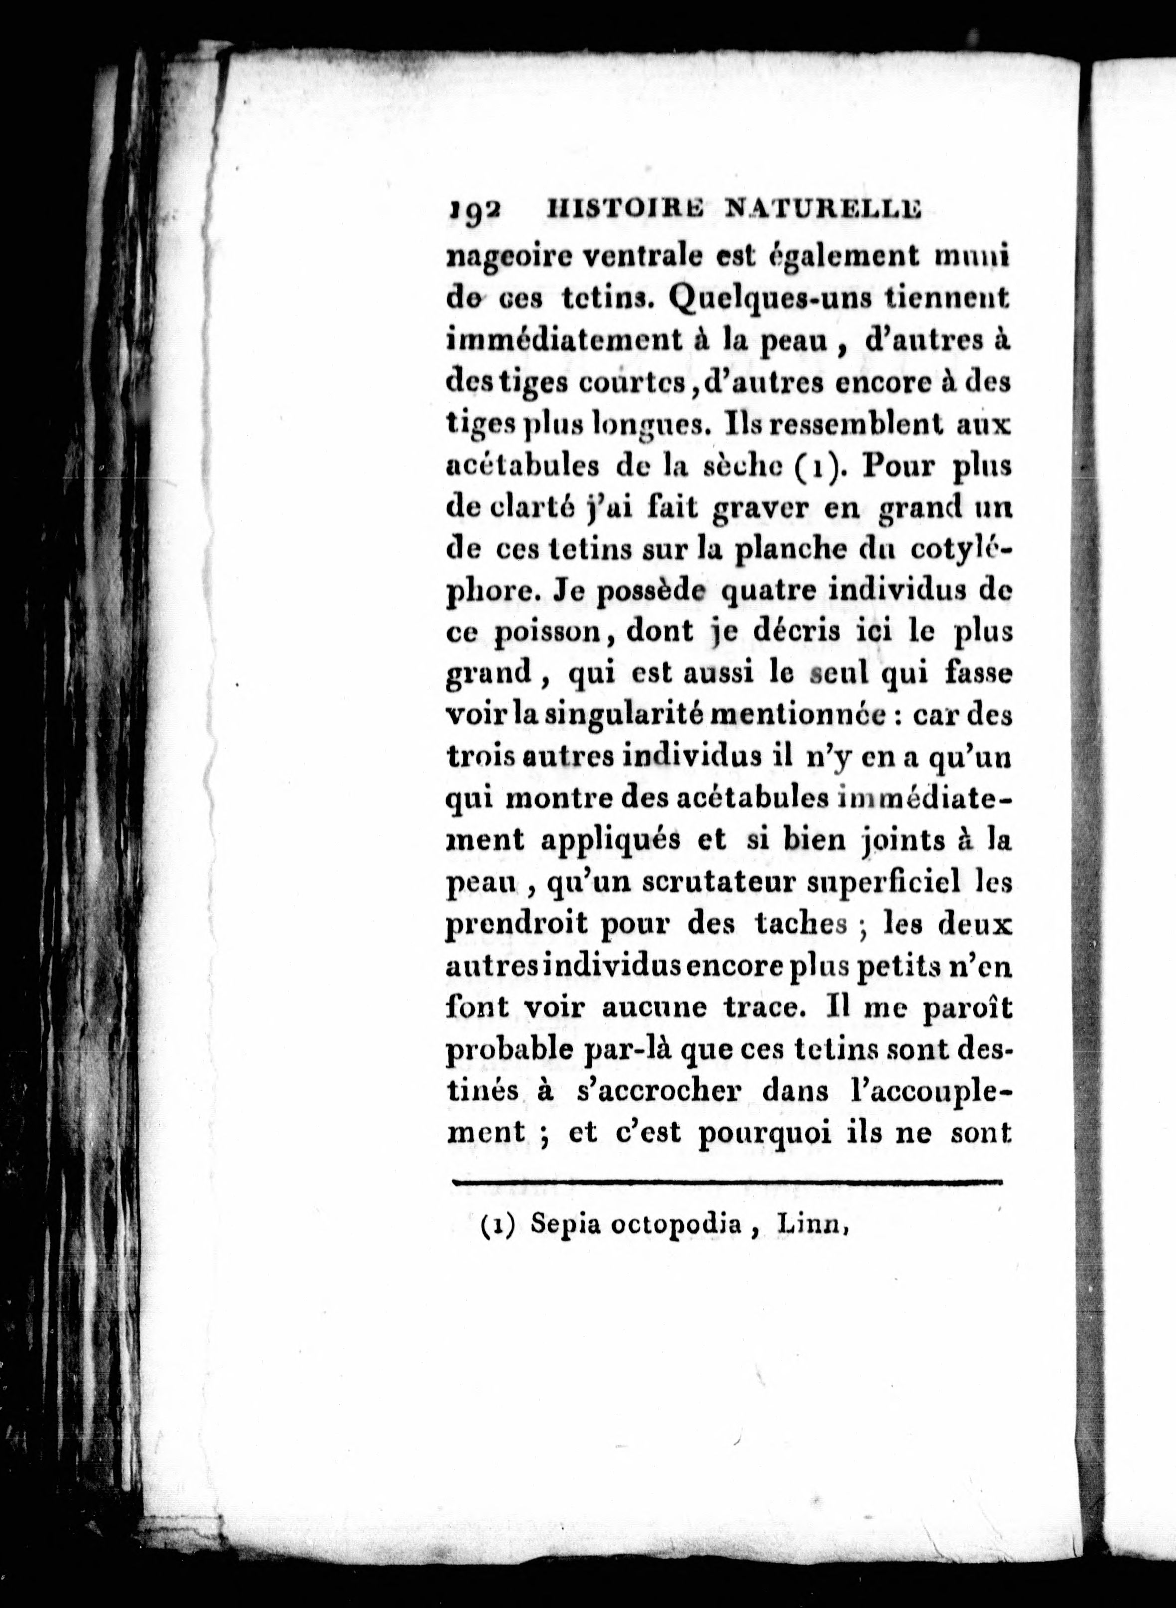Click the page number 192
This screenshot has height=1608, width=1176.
(475, 211)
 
